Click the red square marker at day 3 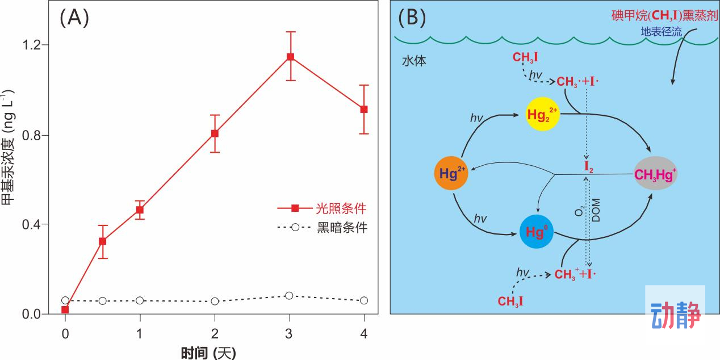click(x=290, y=57)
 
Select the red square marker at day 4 click(x=364, y=109)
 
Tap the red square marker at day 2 click(x=215, y=133)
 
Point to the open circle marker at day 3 click(x=289, y=296)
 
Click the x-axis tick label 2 click(x=215, y=334)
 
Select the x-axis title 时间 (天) click(x=208, y=353)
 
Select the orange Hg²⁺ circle click(x=451, y=173)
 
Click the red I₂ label click(x=589, y=167)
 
